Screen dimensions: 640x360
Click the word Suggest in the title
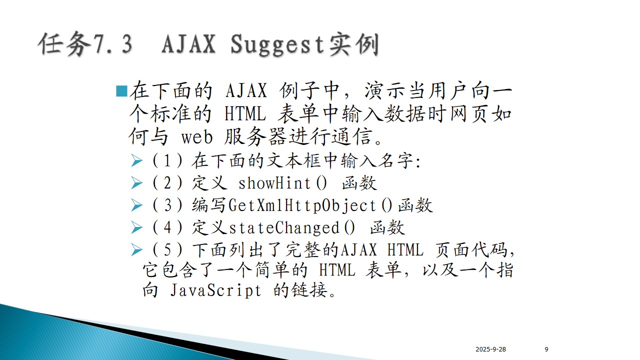277,45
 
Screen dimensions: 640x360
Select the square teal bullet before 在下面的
121,91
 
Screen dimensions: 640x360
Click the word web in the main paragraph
197,137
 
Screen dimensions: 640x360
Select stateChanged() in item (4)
291,227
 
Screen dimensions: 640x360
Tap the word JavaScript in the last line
215,290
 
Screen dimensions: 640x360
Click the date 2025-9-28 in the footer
490,349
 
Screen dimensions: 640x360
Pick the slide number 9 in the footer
546,349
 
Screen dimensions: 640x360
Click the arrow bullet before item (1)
136,160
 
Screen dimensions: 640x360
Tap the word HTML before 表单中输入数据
245,114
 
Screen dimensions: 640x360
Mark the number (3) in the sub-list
167,205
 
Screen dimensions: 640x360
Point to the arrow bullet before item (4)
136,227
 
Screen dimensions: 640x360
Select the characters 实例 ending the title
354,45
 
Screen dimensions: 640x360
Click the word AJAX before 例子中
246,91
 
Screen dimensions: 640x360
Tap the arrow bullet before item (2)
136,183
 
